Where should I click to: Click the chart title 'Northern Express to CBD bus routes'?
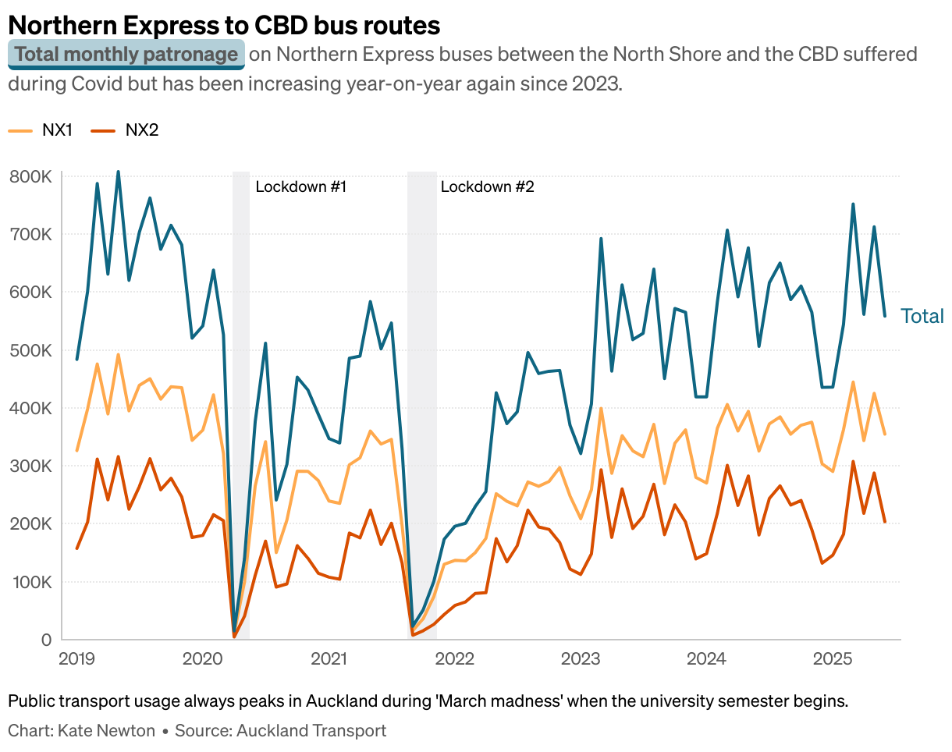pos(224,25)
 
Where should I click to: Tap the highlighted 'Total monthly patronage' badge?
pos(126,55)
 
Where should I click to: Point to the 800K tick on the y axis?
pos(30,177)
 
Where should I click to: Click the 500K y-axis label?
pos(30,350)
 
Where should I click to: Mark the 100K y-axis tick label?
pos(30,582)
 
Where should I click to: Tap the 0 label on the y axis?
pos(45,640)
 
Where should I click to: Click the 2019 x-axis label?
pos(77,659)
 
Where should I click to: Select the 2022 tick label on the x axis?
pos(454,659)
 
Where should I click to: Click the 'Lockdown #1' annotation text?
pos(301,187)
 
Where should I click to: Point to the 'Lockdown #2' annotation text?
pos(487,187)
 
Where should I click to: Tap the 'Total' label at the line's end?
pos(922,316)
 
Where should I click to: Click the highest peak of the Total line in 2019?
pos(118,171)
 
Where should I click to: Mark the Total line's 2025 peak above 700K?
pos(853,204)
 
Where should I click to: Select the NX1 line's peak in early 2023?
pos(601,408)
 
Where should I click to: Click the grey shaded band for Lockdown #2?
pos(422,390)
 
